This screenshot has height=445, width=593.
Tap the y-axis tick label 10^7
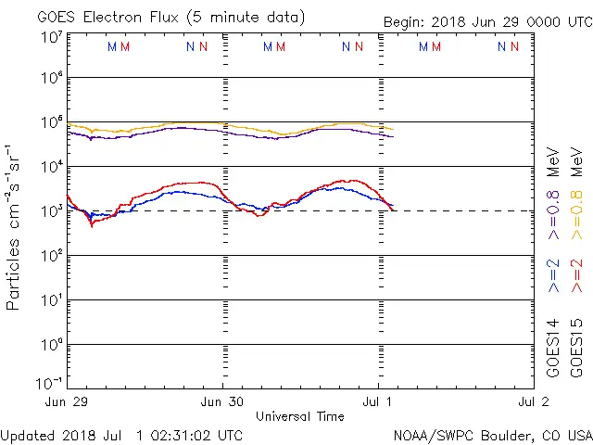pos(51,37)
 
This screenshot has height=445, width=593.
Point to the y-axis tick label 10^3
pos(51,210)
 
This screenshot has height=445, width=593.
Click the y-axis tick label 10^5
pos(51,123)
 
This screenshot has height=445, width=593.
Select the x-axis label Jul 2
pos(531,401)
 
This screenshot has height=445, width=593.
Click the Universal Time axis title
pos(299,416)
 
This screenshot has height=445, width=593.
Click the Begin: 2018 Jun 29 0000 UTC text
pos(486,23)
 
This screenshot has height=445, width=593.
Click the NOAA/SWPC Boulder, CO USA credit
pos(492,435)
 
